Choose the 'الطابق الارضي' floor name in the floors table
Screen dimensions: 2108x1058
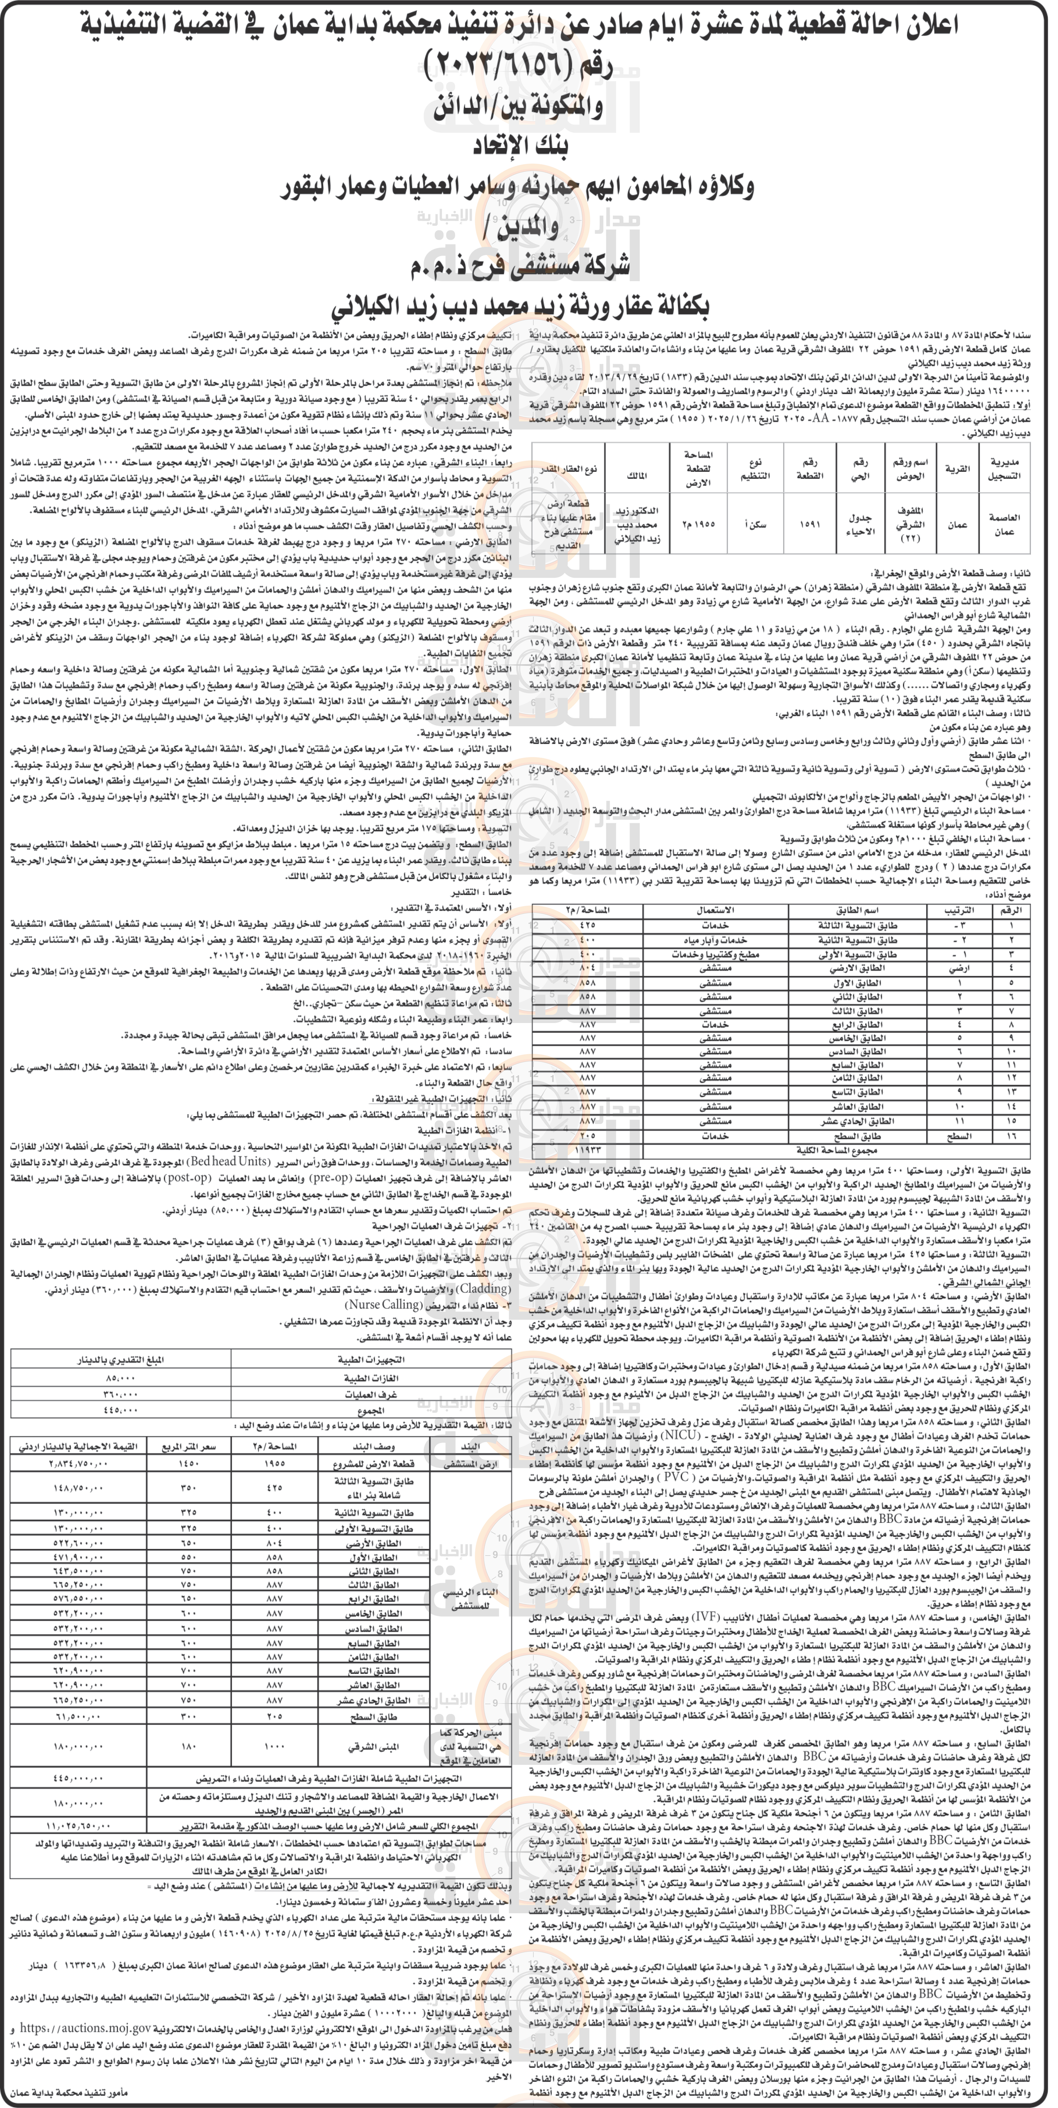[x=857, y=967]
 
